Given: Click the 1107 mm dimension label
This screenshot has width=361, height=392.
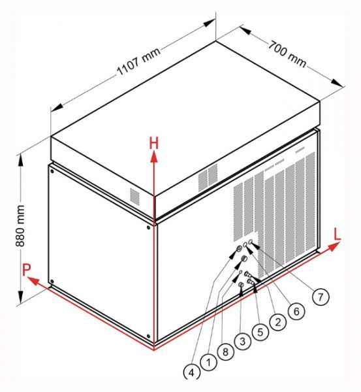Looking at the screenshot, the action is point(138,61).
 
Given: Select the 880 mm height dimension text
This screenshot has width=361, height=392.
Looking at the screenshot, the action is point(20,226).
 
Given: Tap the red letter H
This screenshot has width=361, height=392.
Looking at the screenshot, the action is point(154,144).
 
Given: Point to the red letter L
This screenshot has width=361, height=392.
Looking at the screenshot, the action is point(337,235).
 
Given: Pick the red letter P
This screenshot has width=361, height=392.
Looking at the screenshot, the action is point(26,269).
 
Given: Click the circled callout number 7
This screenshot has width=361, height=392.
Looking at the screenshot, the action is point(321,297).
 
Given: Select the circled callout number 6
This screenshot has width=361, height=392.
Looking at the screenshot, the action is point(296,311).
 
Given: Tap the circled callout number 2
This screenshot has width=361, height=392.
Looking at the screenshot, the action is point(278,323).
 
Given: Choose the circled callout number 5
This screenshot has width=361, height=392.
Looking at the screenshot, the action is point(260,332).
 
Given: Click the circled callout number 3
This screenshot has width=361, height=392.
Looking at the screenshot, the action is point(243,341).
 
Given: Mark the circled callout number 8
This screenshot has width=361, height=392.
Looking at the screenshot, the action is point(226,352).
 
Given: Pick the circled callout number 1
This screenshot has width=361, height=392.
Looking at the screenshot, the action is point(209,362).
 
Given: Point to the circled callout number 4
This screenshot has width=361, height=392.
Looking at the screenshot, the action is point(192,372).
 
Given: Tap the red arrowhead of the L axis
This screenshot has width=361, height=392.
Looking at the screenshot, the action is point(334,247).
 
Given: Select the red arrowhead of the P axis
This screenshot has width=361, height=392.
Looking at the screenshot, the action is point(33,281).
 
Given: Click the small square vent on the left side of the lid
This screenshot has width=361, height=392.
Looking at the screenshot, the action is point(135,197).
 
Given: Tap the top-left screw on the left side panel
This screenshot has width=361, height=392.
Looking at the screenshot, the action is point(52,171).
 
